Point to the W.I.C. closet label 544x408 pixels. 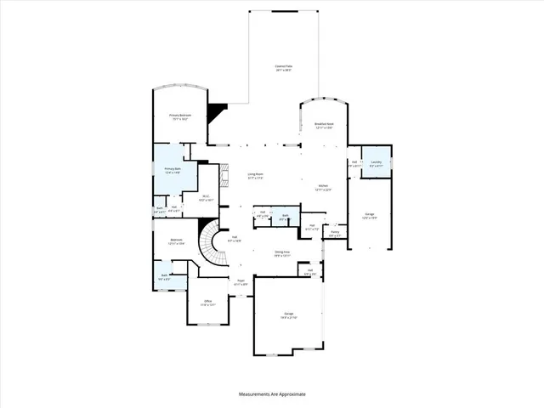[x=206, y=198]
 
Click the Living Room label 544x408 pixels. [x=255, y=177]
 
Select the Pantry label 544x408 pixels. [x=335, y=233]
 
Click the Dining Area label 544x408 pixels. [x=282, y=252]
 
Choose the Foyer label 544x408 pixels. [x=241, y=281]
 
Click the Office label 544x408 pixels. [x=207, y=302]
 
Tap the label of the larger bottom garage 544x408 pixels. [x=288, y=315]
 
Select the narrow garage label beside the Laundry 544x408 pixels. [x=370, y=215]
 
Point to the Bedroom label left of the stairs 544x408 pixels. [x=177, y=241]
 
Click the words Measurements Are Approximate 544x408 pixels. [x=272, y=394]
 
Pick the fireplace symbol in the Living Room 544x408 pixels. [x=224, y=177]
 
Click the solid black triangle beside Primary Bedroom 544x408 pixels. [x=219, y=111]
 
